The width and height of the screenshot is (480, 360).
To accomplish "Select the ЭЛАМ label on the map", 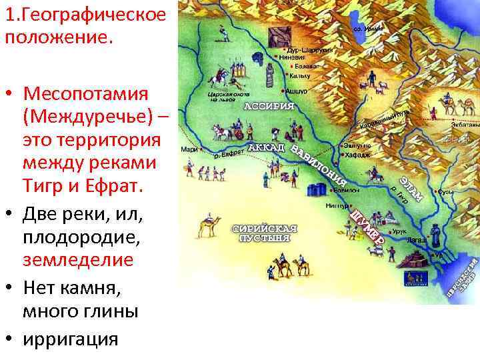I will tap(411, 186).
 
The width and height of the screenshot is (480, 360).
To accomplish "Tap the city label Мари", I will tap(188, 150).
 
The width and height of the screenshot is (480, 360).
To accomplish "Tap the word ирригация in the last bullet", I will tap(70, 339).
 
